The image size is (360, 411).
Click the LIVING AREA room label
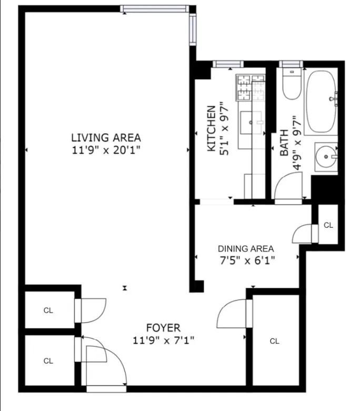point(106,138)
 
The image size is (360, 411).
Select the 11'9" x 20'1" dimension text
point(106,149)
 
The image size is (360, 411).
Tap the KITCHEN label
point(211,129)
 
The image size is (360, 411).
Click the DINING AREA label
point(246,248)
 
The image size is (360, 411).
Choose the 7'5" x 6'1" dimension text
point(246,259)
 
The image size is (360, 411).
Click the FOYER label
point(163,327)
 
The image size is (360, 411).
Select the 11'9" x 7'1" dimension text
point(163,340)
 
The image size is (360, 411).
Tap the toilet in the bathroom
point(291,84)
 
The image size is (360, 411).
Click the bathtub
point(321,101)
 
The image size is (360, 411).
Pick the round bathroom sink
point(326,156)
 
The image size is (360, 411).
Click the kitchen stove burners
point(251,88)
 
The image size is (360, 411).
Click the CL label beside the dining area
point(328,225)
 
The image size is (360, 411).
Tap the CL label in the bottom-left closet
point(48,361)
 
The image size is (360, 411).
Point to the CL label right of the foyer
point(274,342)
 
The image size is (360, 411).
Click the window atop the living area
point(154,8)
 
